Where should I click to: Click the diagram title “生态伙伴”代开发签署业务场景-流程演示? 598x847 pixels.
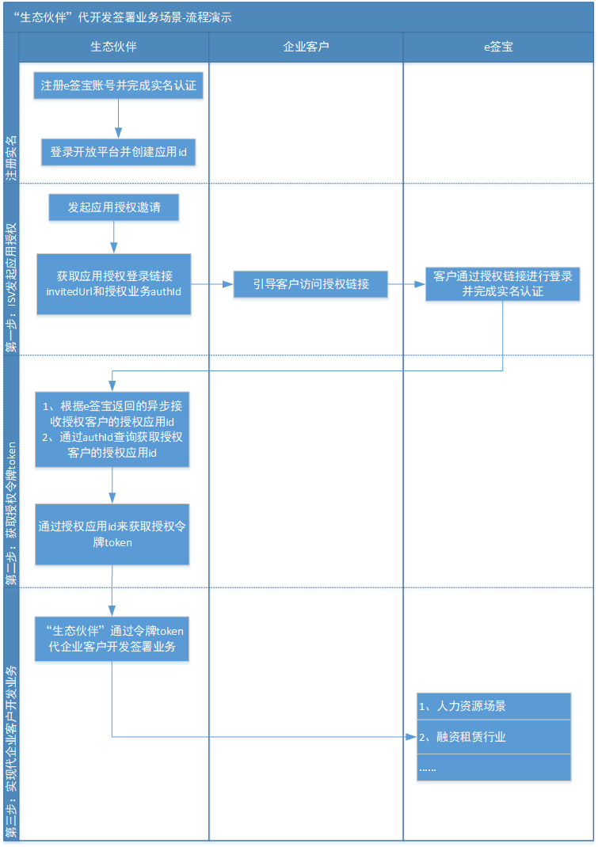click(123, 17)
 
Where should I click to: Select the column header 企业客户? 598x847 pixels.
click(306, 47)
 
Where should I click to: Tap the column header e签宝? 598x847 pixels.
click(498, 47)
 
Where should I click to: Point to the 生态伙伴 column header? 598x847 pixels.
click(113, 47)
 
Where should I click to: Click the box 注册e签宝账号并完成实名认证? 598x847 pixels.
click(118, 85)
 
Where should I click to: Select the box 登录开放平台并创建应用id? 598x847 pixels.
click(118, 152)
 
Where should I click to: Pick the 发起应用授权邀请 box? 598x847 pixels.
click(113, 207)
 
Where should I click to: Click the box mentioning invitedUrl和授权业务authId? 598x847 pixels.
click(113, 284)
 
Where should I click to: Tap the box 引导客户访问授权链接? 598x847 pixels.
click(310, 284)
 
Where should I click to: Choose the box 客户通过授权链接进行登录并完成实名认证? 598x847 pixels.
click(503, 284)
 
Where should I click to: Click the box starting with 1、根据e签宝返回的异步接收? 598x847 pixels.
click(112, 430)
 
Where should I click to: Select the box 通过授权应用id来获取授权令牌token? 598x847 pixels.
click(112, 534)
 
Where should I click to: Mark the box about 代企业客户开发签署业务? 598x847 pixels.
click(112, 639)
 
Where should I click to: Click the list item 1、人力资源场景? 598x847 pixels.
click(493, 706)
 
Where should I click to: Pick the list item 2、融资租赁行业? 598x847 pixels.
click(493, 737)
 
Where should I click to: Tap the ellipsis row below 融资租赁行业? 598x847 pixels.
click(493, 768)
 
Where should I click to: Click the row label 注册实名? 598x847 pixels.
click(11, 158)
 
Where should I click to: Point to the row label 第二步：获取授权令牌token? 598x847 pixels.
click(11, 514)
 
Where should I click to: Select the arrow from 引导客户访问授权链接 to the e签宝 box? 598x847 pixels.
click(406, 284)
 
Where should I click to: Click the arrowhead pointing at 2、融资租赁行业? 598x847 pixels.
click(411, 737)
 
